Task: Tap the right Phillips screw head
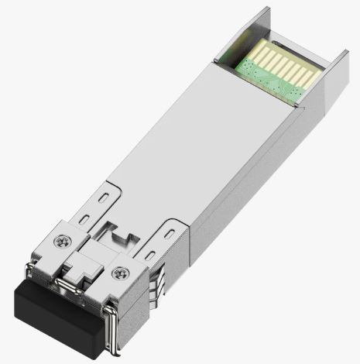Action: [x=119, y=272]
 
